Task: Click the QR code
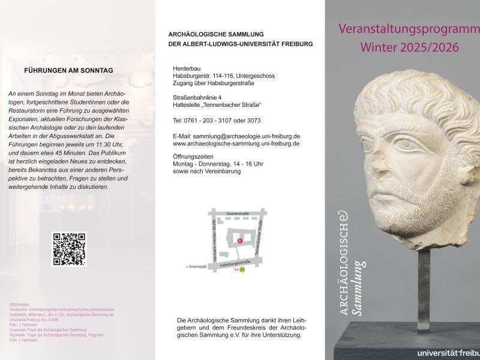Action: coord(69,249)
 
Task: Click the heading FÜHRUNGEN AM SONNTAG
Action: coord(68,70)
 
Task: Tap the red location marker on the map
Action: coord(239,241)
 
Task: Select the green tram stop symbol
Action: coord(242,269)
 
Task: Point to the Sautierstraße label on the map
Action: coord(238,213)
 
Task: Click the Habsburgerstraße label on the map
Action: coord(235,263)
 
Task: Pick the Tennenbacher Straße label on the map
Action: coord(260,238)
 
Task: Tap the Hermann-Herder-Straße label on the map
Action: coord(214,238)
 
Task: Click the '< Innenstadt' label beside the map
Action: coord(196,266)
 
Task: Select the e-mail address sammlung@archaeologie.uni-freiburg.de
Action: coord(236,137)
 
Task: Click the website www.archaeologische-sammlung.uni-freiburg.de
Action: coord(236,144)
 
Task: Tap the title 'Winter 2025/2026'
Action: coord(409,47)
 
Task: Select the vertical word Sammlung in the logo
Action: coord(358,288)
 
